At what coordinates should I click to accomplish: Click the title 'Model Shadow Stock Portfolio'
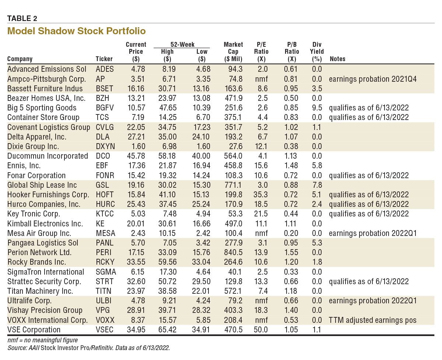[x=76, y=31]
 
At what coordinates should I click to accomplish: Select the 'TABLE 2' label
[x=22, y=18]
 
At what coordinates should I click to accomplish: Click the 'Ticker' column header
[x=104, y=59]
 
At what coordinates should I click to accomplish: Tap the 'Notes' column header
[x=337, y=59]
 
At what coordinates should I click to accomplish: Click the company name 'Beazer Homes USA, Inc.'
[x=46, y=98]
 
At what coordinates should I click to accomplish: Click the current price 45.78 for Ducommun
[x=136, y=156]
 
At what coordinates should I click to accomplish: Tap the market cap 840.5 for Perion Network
[x=234, y=253]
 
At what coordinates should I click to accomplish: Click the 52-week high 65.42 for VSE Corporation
[x=167, y=329]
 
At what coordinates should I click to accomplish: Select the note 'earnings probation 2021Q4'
[x=373, y=79]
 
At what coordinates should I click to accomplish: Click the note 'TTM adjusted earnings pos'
[x=373, y=320]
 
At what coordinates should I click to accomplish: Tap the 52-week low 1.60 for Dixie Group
[x=201, y=147]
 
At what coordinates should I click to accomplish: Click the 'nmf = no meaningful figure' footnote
[x=42, y=340]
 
